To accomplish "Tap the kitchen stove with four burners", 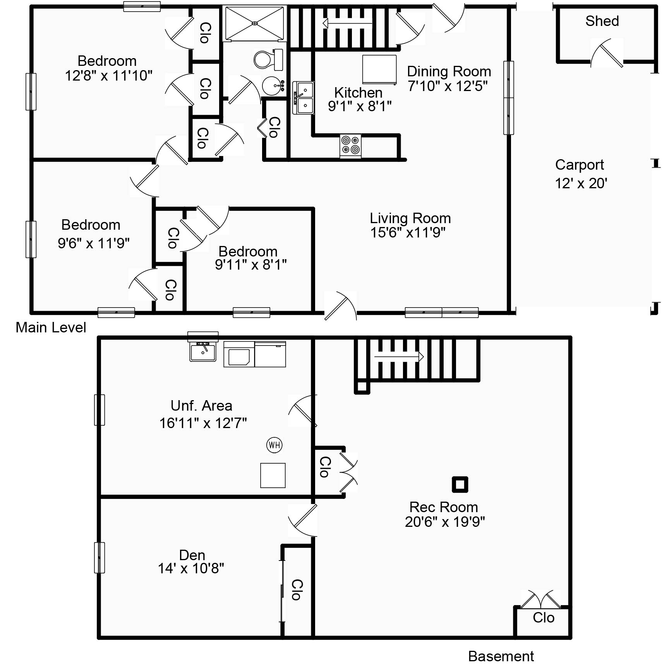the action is tap(350, 146).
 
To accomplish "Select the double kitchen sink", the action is tap(303, 98).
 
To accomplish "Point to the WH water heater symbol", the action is tap(274, 445).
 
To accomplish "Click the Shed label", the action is tap(602, 21).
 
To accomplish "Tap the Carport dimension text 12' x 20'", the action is tap(581, 183).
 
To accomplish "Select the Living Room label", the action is tap(410, 218).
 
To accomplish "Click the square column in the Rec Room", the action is tap(460, 484).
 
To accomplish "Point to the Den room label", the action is tap(192, 555).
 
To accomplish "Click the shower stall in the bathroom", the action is tap(255, 23).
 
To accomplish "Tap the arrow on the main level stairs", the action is tap(347, 24).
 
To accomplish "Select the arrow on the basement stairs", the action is tap(399, 356).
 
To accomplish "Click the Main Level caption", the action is tap(51, 327).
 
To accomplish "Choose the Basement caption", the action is tap(501, 656).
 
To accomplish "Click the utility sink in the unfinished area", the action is tap(203, 351).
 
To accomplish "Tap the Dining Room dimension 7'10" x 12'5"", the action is tap(448, 86).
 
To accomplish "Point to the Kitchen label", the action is tap(358, 93).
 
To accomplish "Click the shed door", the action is tap(607, 53).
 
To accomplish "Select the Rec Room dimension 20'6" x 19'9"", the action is tap(445, 522).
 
